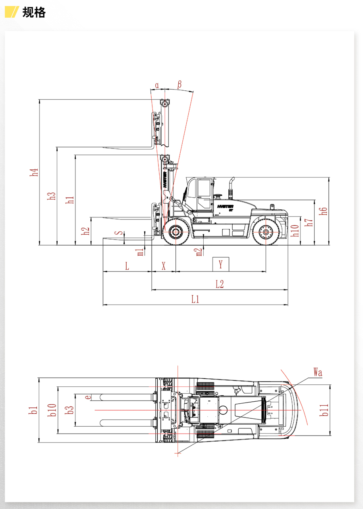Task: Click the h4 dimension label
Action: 35,172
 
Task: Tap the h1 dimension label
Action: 71,199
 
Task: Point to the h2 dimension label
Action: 85,231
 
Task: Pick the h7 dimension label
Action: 309,222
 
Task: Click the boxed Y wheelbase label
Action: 221,265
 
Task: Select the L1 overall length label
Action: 196,299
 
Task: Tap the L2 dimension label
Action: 219,284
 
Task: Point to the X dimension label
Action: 164,266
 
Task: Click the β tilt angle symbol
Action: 179,84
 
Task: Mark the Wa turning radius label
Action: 317,372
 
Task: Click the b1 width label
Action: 34,410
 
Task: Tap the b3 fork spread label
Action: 70,410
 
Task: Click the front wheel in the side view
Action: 176,232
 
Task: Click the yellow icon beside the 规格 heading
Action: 12,12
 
